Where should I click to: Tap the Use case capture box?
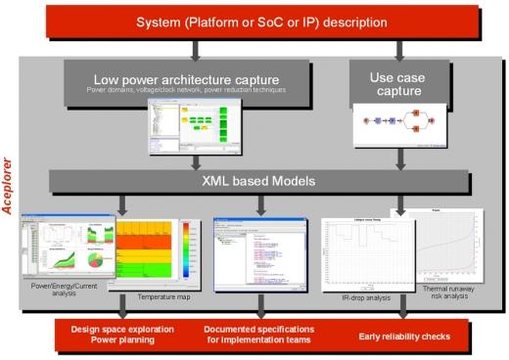(398, 83)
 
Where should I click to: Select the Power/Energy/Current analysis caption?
(63, 289)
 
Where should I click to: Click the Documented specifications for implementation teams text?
(258, 334)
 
